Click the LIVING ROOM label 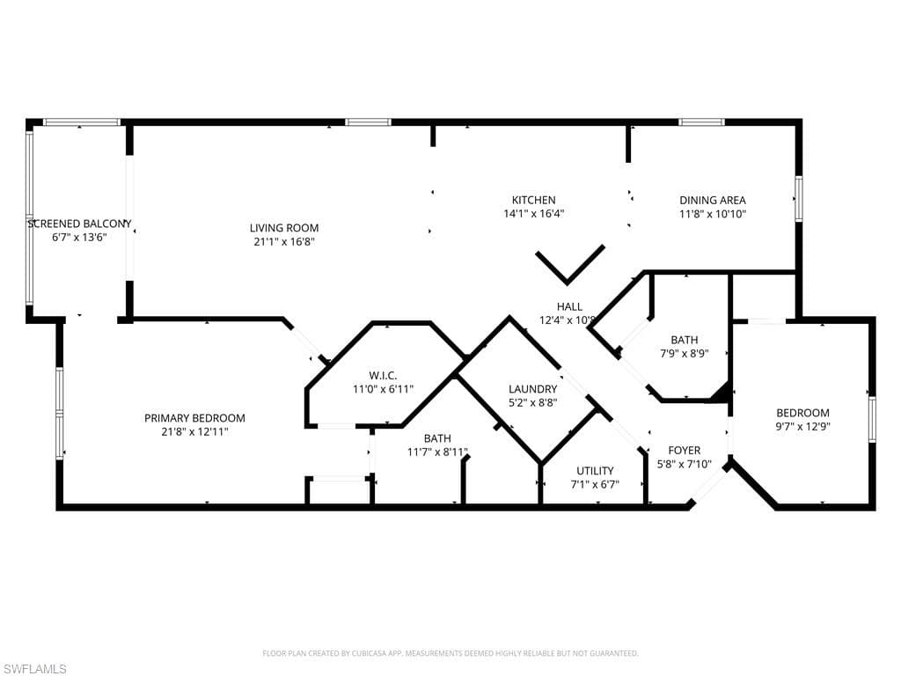pos(283,228)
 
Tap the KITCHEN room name pos(533,200)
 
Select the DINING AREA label pos(712,200)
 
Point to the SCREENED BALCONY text pos(79,224)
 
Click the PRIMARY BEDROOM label pos(194,418)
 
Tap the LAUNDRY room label pos(532,389)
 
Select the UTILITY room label pos(595,471)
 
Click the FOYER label pos(684,450)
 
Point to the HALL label pos(569,307)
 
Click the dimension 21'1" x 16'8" pos(283,241)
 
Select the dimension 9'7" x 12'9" pos(802,426)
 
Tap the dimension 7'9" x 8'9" pos(684,353)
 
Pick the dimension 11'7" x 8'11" pos(437,452)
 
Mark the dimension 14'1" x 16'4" pos(533,213)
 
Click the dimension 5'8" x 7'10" pos(684,463)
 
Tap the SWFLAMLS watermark pos(34,669)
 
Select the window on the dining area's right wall pos(799,198)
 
